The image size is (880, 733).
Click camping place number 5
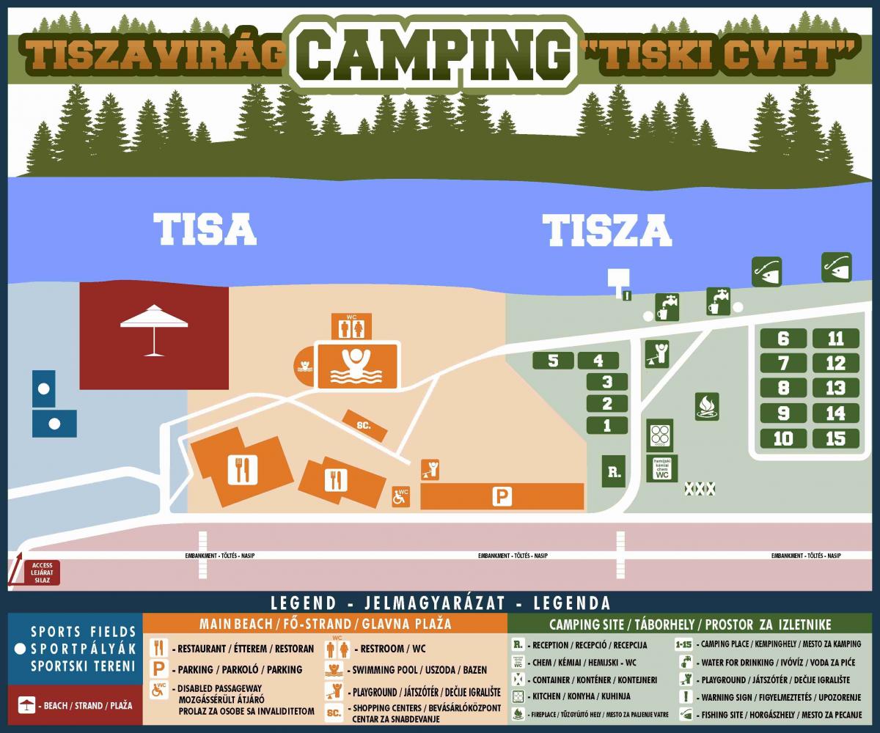pyautogui.click(x=553, y=361)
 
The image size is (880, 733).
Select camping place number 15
pyautogui.click(x=835, y=438)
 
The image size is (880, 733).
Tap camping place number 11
pyautogui.click(x=835, y=339)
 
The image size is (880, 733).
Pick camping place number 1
pyautogui.click(x=606, y=425)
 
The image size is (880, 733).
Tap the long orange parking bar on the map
pyautogui.click(x=502, y=496)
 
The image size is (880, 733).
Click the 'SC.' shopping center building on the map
pyautogui.click(x=364, y=426)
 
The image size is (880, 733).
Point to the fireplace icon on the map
pyautogui.click(x=707, y=406)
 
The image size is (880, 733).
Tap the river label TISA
pyautogui.click(x=205, y=229)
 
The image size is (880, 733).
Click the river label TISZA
pyautogui.click(x=607, y=230)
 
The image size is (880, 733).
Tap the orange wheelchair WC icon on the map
pyautogui.click(x=401, y=496)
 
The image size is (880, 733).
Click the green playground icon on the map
pyautogui.click(x=656, y=353)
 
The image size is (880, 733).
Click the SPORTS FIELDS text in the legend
pyautogui.click(x=83, y=631)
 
